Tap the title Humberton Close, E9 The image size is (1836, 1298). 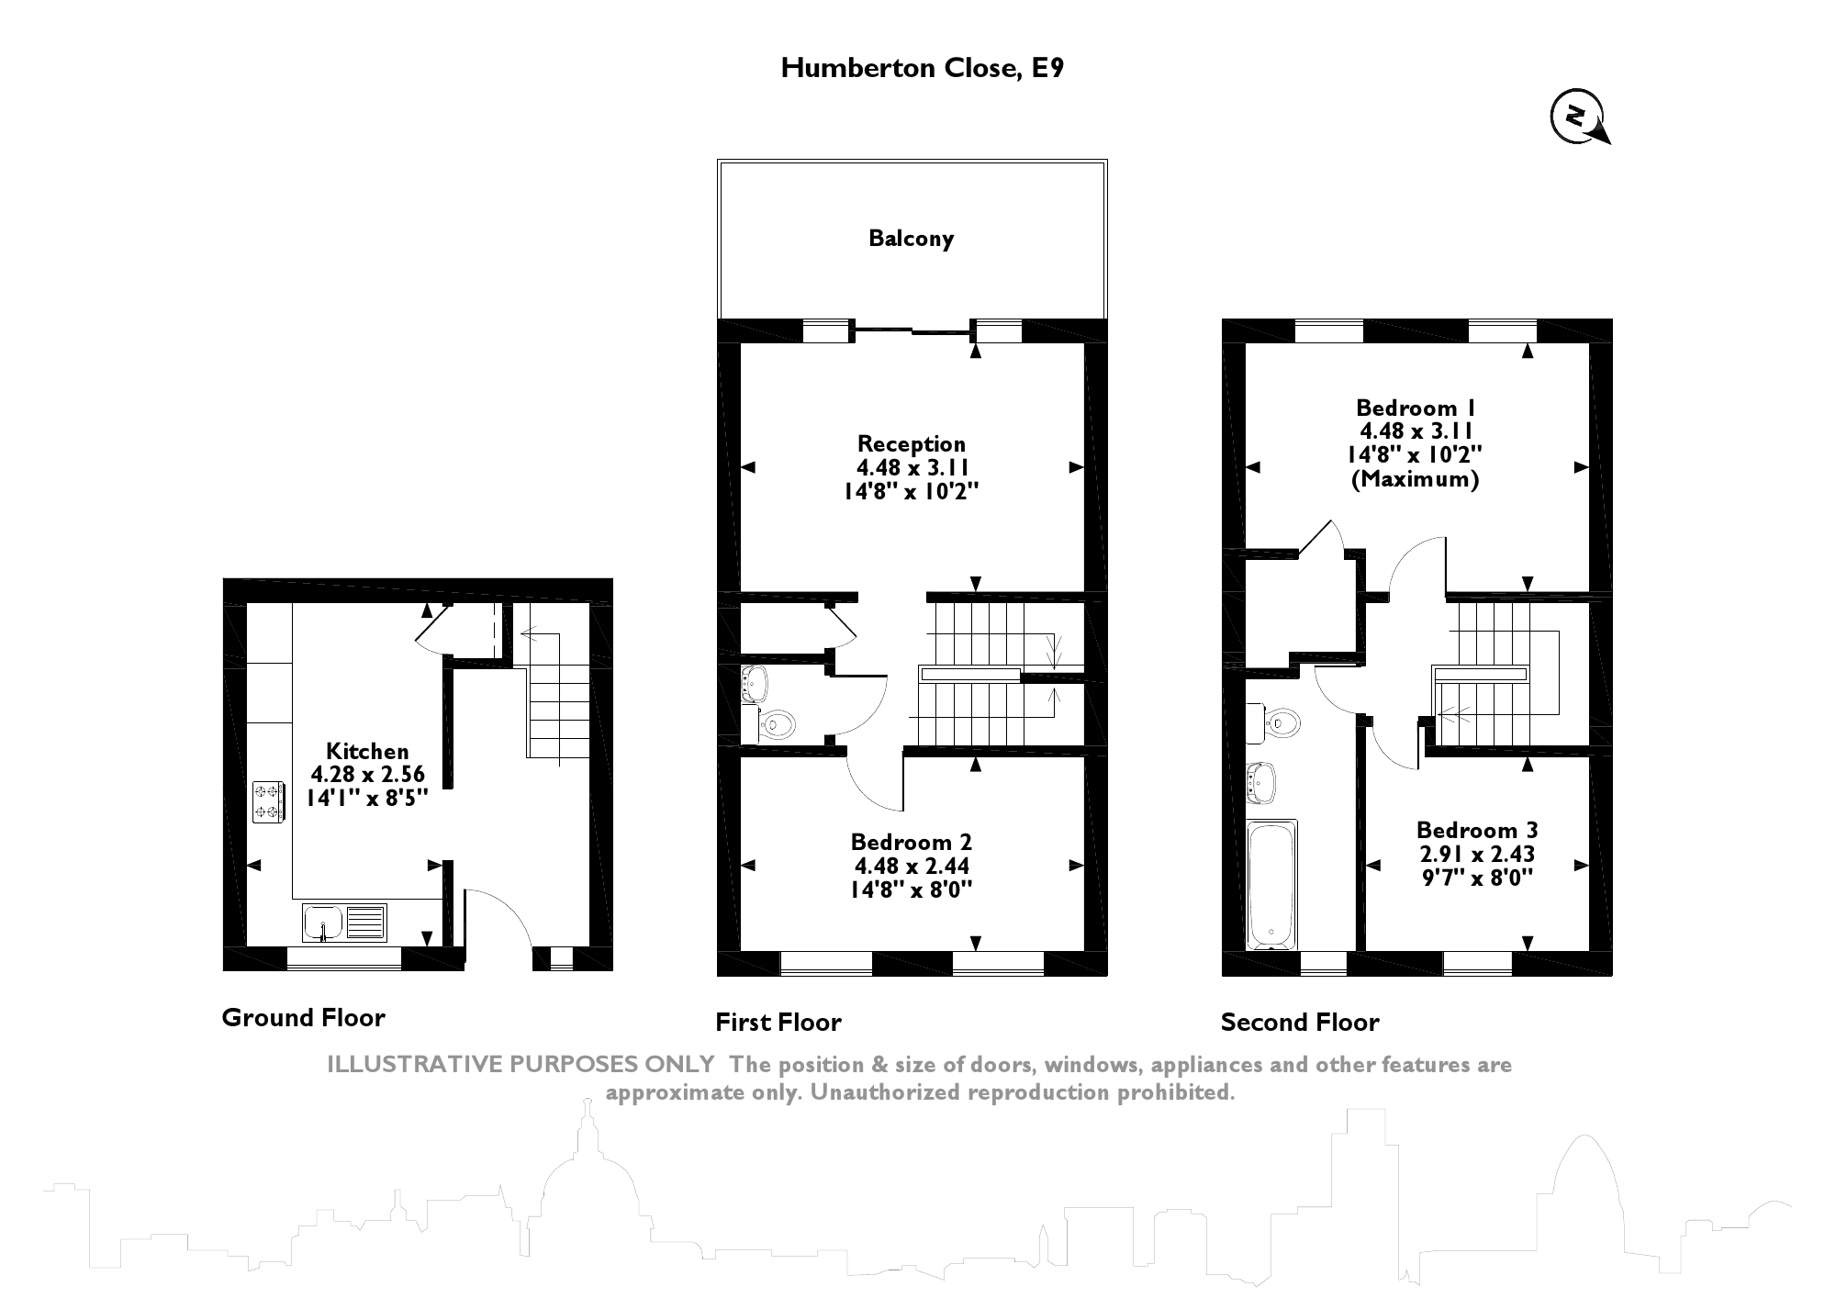coord(922,68)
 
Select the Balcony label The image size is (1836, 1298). coord(911,239)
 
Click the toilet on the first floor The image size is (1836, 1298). coord(777,724)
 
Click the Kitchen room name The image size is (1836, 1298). coord(367,751)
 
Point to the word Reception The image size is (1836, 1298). coord(911,444)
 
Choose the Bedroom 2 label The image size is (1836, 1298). coord(911,842)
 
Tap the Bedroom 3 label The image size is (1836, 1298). coord(1476,830)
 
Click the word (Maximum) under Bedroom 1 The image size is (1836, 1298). coord(1415,479)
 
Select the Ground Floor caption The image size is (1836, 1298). coord(303,1017)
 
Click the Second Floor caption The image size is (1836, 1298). coord(1299,1023)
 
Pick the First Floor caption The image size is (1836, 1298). coord(778,1023)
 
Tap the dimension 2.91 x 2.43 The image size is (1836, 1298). coord(1476,854)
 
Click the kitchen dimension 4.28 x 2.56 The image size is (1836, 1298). coord(367,774)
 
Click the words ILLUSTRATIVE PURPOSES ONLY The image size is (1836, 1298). coord(521,1065)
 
